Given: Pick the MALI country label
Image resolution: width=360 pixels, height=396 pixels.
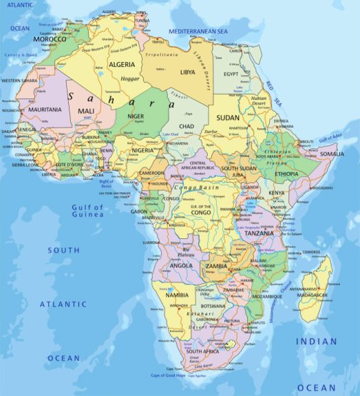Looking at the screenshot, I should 87,111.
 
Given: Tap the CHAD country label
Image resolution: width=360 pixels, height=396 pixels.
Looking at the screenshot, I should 187,127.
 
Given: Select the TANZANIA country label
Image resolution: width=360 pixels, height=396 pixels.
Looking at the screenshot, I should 260,233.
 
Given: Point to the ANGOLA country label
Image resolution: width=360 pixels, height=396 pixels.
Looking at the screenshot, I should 180,265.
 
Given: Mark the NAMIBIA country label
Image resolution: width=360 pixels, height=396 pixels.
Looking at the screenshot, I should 177,295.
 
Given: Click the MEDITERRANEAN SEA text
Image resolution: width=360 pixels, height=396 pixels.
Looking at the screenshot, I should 198,32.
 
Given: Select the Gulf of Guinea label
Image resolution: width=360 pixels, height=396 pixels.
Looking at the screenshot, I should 87,211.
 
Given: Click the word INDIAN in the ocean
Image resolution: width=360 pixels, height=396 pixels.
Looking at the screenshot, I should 317,342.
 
